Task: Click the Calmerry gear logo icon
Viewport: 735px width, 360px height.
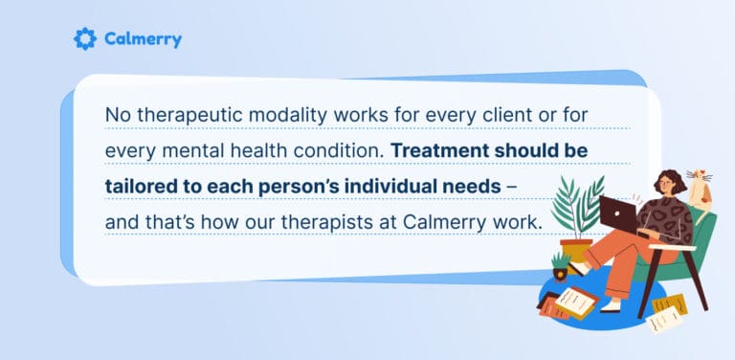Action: pyautogui.click(x=85, y=39)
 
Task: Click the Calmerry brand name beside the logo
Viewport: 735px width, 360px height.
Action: pyautogui.click(x=143, y=39)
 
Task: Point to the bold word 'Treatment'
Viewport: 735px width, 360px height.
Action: pyautogui.click(x=438, y=151)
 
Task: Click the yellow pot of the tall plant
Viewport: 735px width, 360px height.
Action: pyautogui.click(x=576, y=252)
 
